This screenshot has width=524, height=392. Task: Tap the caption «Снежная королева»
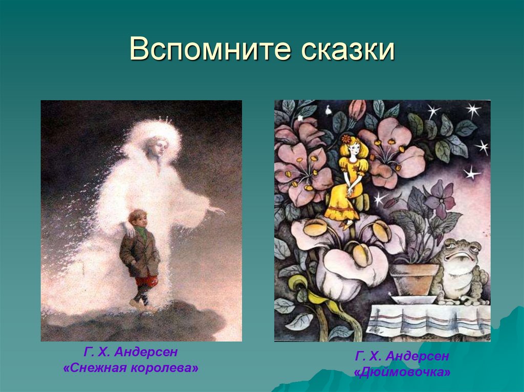click(130, 368)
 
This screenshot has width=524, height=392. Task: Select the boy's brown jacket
click(140, 253)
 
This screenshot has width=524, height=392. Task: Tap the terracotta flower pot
click(414, 279)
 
